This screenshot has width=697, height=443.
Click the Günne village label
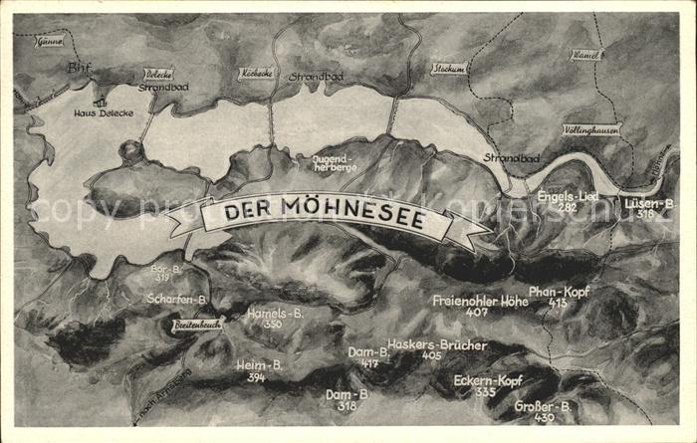tap(48, 41)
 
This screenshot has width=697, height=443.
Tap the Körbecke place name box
tap(255, 73)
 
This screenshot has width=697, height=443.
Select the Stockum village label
tap(448, 69)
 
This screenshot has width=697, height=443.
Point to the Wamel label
tap(585, 54)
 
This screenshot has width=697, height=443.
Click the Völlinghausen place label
tap(590, 129)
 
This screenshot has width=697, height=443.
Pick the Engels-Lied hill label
tap(568, 197)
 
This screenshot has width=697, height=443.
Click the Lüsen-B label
tap(649, 203)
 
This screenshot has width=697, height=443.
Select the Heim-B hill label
tap(259, 364)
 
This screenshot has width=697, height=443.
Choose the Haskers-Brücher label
tap(436, 344)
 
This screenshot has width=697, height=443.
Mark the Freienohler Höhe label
tap(480, 300)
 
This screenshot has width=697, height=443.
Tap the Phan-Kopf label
tap(559, 291)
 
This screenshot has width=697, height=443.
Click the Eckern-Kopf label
tap(487, 380)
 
